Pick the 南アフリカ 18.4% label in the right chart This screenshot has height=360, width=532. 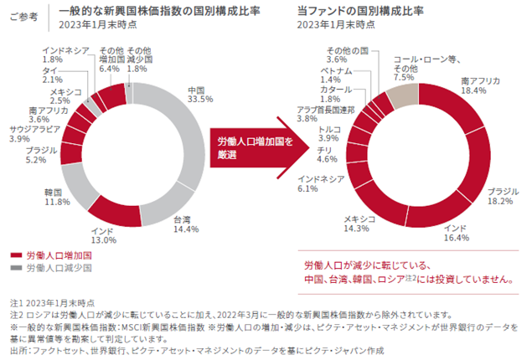[480, 85]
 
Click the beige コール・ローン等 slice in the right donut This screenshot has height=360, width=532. [403, 98]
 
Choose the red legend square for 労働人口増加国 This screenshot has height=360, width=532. [17, 255]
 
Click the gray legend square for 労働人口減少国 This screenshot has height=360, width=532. [17, 268]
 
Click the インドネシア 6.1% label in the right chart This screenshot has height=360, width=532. [321, 183]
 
